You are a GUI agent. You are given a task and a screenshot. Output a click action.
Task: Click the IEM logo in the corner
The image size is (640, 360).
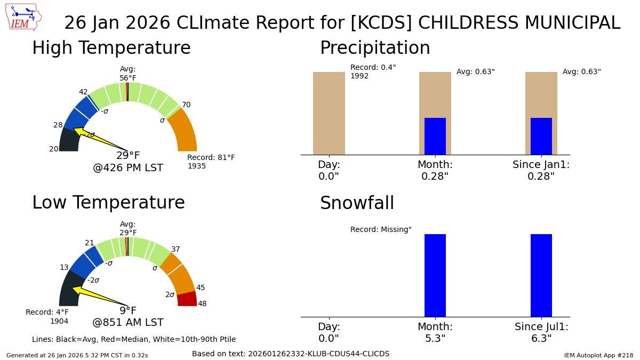coord(24,17)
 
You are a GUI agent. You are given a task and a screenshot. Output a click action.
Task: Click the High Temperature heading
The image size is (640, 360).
coord(111,48)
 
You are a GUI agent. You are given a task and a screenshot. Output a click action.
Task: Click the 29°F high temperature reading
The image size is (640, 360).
coord(128,156)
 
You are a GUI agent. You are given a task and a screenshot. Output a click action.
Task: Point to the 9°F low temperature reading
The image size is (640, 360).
coord(128,311)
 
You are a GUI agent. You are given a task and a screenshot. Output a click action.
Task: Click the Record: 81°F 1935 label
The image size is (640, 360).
coord(211,162)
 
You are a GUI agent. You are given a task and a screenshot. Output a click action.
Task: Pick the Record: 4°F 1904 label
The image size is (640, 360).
coord(47,316)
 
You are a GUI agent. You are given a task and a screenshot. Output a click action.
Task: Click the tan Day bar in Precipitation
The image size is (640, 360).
coord(329,113)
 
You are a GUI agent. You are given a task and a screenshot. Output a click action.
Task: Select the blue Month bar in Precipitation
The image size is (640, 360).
coord(435,136)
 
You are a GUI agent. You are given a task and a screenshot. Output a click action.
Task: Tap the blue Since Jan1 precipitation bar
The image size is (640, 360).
coord(541,136)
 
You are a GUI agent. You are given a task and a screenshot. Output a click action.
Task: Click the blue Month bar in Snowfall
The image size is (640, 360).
coord(435,275)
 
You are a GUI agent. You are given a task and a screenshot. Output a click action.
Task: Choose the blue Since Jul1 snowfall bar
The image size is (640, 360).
coord(541,275)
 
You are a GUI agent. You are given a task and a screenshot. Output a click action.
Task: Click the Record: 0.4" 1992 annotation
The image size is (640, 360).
coord(373,71)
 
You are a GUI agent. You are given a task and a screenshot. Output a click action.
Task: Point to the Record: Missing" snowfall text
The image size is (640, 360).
coord(381,229)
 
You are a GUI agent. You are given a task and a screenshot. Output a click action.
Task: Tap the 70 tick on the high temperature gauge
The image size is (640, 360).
coord(186,105)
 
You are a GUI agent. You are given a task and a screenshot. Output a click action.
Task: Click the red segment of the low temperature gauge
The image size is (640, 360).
coord(187,299)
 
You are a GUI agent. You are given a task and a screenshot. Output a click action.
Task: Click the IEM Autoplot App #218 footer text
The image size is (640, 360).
coord(598,355)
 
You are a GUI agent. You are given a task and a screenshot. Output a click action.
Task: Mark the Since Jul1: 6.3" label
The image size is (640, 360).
coord(541,332)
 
